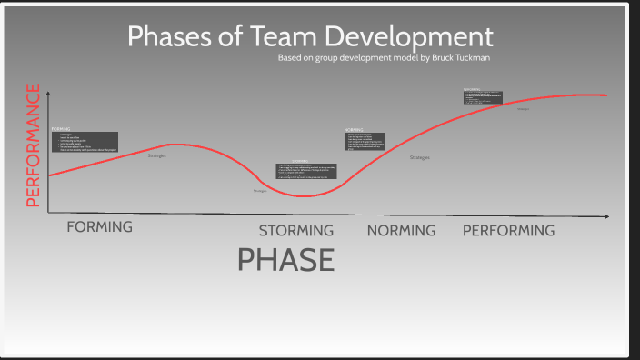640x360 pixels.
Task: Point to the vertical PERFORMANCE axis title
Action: click(34, 145)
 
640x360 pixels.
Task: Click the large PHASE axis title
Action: click(285, 260)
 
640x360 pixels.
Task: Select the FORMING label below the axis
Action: click(99, 227)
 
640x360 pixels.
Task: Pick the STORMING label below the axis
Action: click(295, 231)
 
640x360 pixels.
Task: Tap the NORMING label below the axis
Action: click(401, 231)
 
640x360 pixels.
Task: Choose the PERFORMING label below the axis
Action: click(508, 231)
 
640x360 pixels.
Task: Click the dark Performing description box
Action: click(483, 96)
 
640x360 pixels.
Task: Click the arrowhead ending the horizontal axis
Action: click(606, 216)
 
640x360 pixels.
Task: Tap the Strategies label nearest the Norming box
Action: click(419, 158)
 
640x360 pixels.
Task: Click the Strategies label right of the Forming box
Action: click(156, 156)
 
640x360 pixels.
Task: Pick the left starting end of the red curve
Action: click(50, 175)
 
